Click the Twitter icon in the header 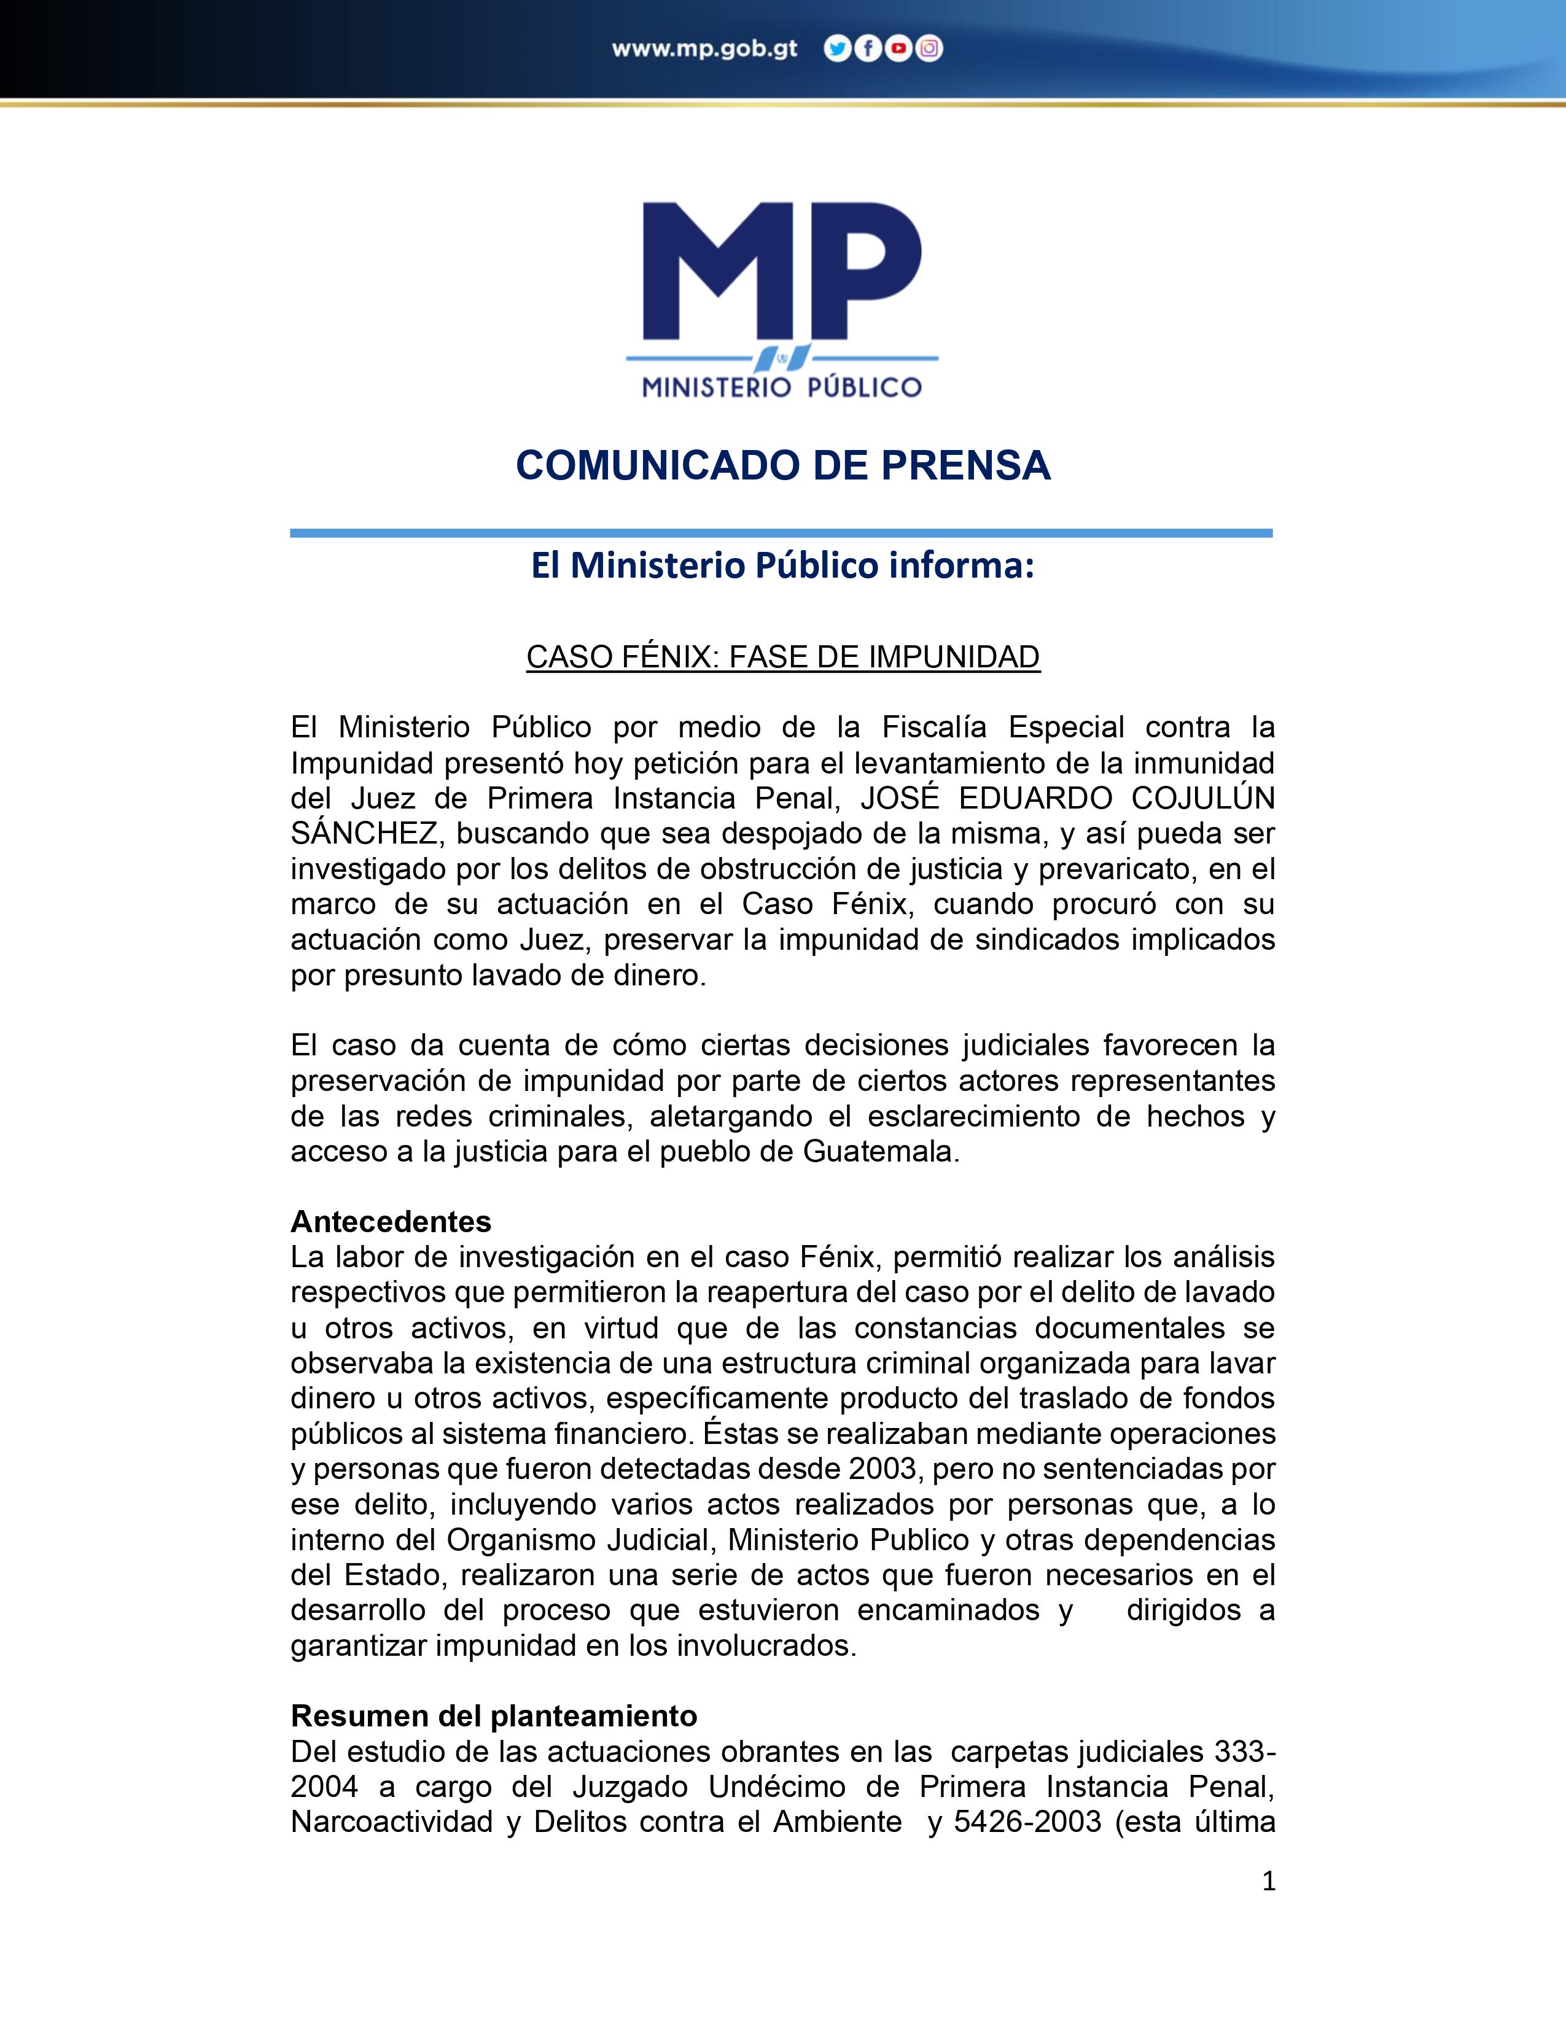[x=837, y=49]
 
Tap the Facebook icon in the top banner [x=867, y=49]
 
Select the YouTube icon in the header [x=898, y=49]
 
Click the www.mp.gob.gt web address [x=704, y=49]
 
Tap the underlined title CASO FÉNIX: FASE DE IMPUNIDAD [x=783, y=657]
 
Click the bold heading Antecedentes [x=391, y=1220]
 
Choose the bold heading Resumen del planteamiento [x=494, y=1715]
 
